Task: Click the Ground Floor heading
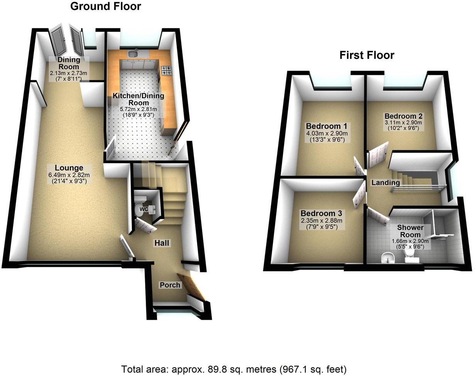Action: click(x=105, y=7)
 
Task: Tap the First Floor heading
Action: click(x=367, y=55)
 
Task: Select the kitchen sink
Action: click(x=133, y=54)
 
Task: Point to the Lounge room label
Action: click(x=69, y=168)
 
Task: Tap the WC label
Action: click(x=143, y=209)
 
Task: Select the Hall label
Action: click(x=162, y=243)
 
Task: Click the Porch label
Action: click(x=170, y=285)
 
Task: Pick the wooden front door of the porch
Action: click(x=192, y=286)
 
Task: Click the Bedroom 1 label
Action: click(x=327, y=126)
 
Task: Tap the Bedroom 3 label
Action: click(x=321, y=213)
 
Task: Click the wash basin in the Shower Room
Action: click(x=386, y=258)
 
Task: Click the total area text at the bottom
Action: click(x=234, y=369)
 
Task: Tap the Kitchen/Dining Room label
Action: click(x=138, y=99)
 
